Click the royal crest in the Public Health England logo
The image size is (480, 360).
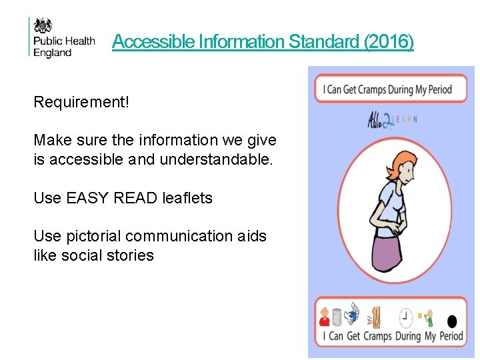[44, 25]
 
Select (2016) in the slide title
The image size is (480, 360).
[389, 42]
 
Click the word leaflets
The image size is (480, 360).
[187, 198]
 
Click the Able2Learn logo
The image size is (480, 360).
[392, 119]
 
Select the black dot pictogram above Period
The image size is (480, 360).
[451, 320]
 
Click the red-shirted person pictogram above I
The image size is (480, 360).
[325, 317]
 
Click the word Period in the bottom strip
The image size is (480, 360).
[451, 336]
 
